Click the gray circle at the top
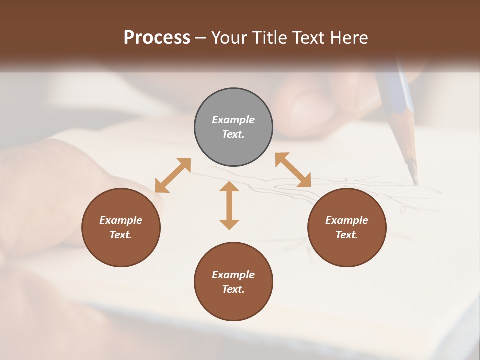pos(233,127)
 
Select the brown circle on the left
pos(121,227)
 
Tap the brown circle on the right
pos(347,227)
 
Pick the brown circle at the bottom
pos(233,282)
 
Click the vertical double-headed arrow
pos(229,205)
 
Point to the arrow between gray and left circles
pos(173,175)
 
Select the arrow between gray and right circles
pos(293,170)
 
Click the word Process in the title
pos(157,37)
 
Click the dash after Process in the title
pos(201,38)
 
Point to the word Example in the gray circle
pos(233,120)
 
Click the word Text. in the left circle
pos(121,235)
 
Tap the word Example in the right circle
pos(347,220)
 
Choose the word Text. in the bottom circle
pos(233,289)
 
